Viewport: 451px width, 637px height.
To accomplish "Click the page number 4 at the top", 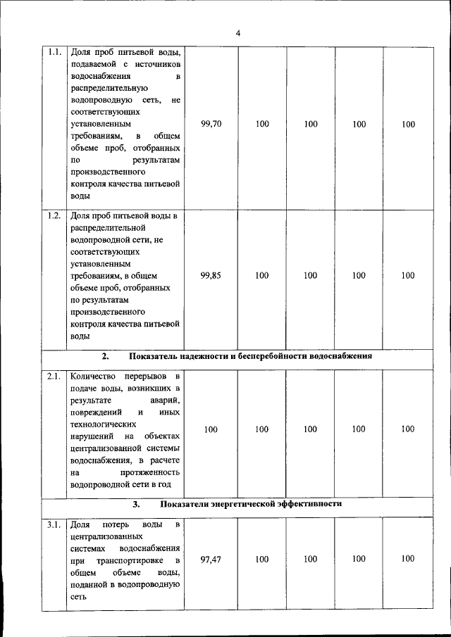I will tap(237, 33).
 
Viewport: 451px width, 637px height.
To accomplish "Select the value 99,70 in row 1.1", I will tap(211, 124).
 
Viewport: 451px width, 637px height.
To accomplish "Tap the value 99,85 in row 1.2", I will tap(211, 276).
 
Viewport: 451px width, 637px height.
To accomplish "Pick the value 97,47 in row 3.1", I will tap(211, 559).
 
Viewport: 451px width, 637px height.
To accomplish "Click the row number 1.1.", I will tap(54, 52).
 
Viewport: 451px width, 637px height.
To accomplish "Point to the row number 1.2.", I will tap(54, 215).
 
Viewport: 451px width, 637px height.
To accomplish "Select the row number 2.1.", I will tap(54, 377).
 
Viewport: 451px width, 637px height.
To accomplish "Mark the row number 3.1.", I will tap(54, 524).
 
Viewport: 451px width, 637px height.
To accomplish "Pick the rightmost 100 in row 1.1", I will tap(408, 124).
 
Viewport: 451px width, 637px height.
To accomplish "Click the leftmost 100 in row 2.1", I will tap(211, 429).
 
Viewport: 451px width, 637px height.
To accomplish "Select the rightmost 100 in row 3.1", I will tap(408, 559).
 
